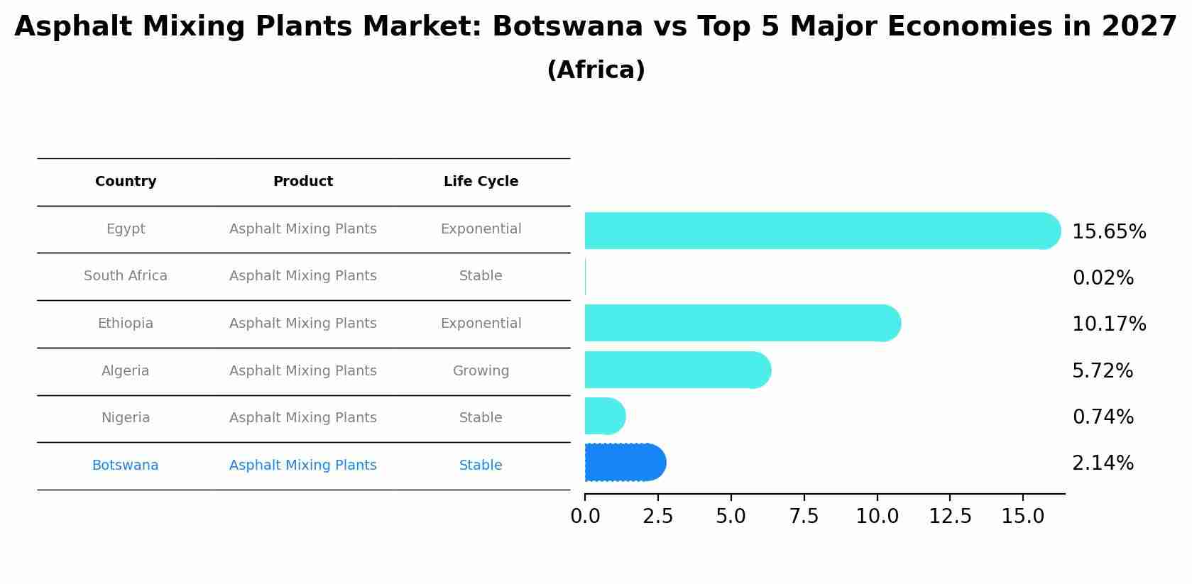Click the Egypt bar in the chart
pos(816,231)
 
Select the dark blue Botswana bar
pos(623,463)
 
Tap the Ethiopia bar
pos(738,323)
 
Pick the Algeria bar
pos(674,370)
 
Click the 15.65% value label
pos(1109,232)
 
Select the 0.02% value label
pos(1103,278)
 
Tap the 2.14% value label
pos(1103,463)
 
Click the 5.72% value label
pos(1103,371)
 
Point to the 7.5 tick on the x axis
pos(804,517)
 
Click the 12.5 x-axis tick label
pos(950,517)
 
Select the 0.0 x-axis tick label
pos(585,517)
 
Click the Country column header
pos(126,182)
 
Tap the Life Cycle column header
pos(481,182)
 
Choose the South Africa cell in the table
pos(126,276)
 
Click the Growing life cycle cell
pos(481,371)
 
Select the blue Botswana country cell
pos(126,465)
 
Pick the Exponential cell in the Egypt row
pos(481,229)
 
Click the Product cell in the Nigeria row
pos(302,418)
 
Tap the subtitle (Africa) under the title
pos(596,70)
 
